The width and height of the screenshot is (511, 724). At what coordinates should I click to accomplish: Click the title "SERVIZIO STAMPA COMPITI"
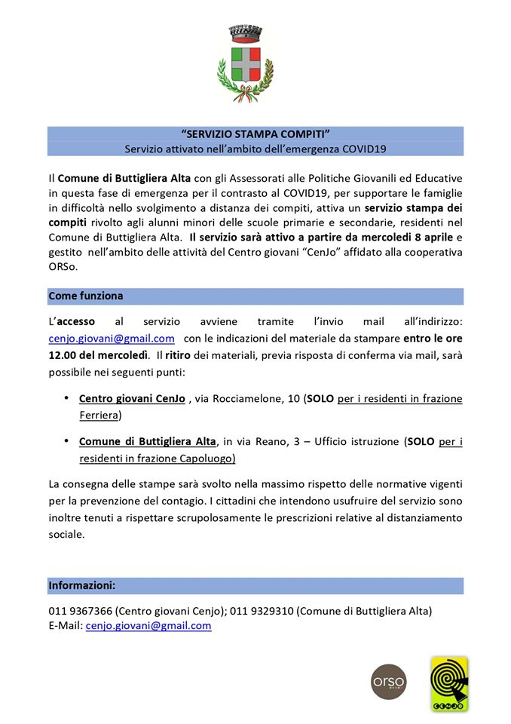pos(255,133)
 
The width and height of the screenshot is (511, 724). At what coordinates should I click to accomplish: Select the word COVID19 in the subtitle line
pos(364,149)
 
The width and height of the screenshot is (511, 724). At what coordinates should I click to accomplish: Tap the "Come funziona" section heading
pos(86,296)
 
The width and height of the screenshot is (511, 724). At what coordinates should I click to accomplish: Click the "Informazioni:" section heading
pos(82,584)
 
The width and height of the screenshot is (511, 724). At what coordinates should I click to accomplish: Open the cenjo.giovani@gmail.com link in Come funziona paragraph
pos(112,339)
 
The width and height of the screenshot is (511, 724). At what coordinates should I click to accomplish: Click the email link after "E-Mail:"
pos(148,625)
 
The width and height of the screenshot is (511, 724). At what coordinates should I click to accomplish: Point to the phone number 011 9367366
pos(81,611)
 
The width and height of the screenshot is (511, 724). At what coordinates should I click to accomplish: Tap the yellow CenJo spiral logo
pos(448,683)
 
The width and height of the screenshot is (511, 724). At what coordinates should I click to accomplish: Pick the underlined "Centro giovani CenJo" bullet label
pos(132,398)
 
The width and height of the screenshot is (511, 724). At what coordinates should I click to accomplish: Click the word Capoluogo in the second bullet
pos(206,458)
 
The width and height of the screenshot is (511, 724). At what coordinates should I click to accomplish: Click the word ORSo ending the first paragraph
pos(63,267)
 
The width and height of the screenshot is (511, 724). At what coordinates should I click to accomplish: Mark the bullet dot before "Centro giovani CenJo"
pos(67,397)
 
